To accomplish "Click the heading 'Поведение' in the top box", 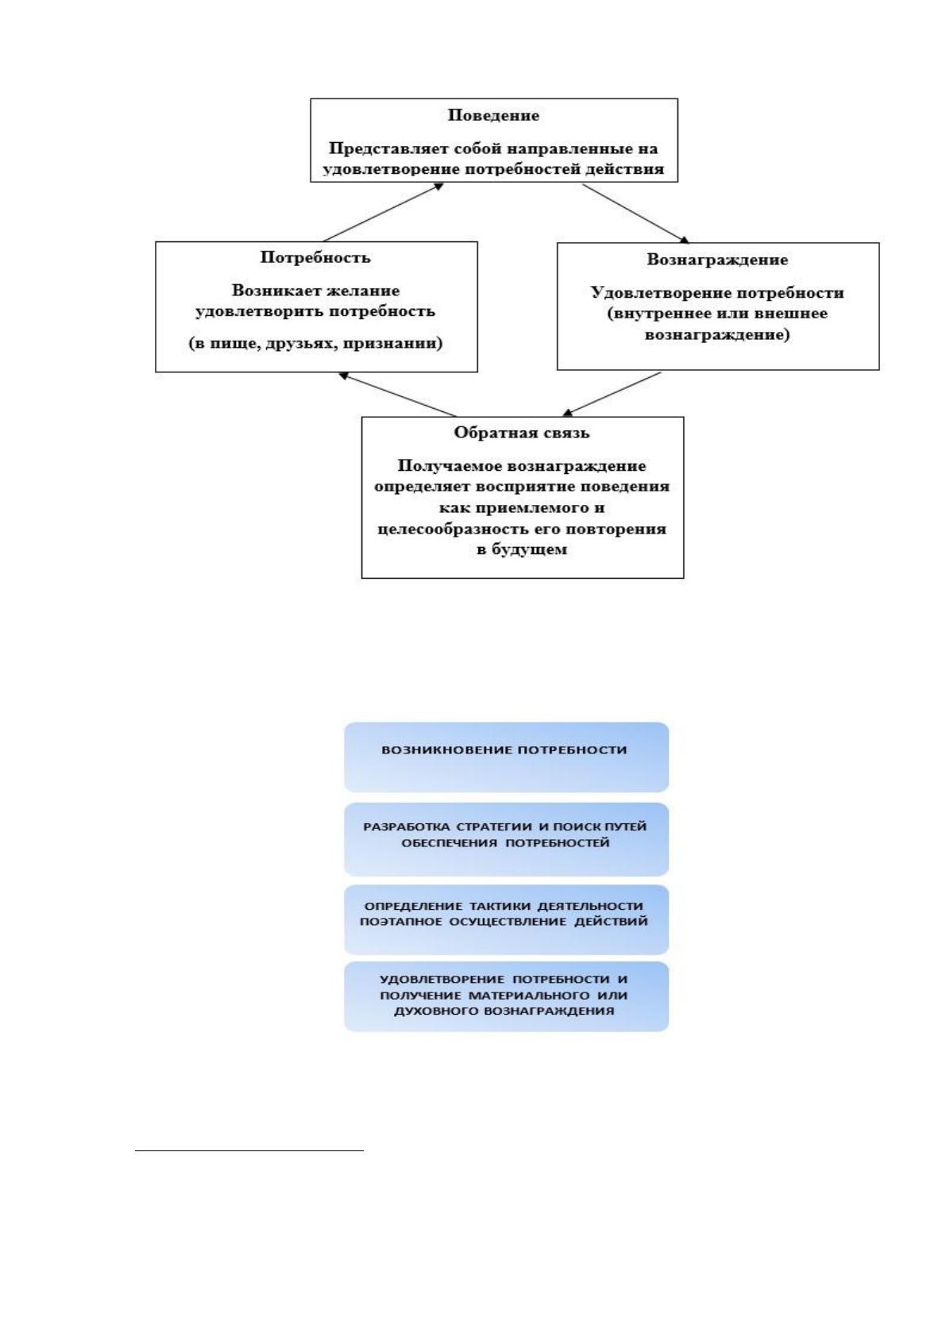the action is click(493, 115).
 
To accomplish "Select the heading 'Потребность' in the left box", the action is click(315, 257).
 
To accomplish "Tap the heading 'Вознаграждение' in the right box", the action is click(717, 260).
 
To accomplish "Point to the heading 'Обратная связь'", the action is click(521, 432).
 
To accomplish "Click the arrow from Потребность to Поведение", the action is click(383, 212).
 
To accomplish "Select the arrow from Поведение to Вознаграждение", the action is click(636, 213).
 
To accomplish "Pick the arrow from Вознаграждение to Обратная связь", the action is click(612, 394).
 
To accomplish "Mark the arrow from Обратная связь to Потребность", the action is click(397, 395).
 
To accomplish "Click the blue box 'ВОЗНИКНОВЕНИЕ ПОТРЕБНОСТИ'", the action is click(506, 757).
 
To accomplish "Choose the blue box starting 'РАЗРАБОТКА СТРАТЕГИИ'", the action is click(506, 839).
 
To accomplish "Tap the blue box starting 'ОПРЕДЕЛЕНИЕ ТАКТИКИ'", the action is click(506, 919).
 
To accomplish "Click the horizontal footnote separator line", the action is click(249, 1150).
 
